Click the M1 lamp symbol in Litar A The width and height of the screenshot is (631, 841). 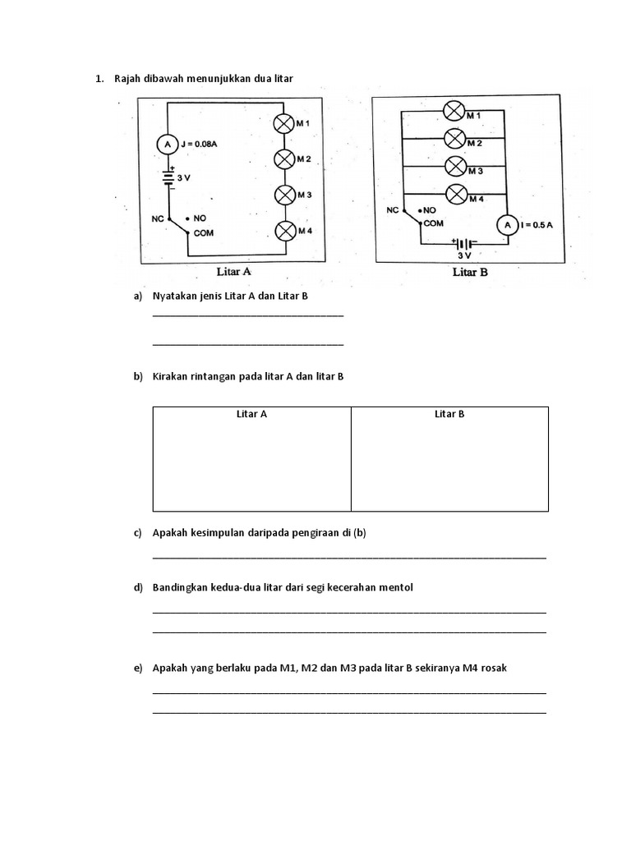284,123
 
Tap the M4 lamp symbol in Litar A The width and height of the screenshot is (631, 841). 284,231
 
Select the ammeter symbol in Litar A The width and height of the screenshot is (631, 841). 168,144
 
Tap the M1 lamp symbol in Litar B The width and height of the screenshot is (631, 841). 455,111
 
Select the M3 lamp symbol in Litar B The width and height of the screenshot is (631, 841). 455,165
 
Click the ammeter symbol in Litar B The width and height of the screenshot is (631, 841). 507,224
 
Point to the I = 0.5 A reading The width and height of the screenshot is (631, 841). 537,224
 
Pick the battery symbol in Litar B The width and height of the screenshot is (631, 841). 463,244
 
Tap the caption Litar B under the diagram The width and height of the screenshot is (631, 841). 470,272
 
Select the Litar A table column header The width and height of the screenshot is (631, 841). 251,414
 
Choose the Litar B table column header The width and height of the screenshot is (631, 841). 449,414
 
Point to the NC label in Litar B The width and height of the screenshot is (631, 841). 393,210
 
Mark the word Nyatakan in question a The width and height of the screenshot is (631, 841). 175,295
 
